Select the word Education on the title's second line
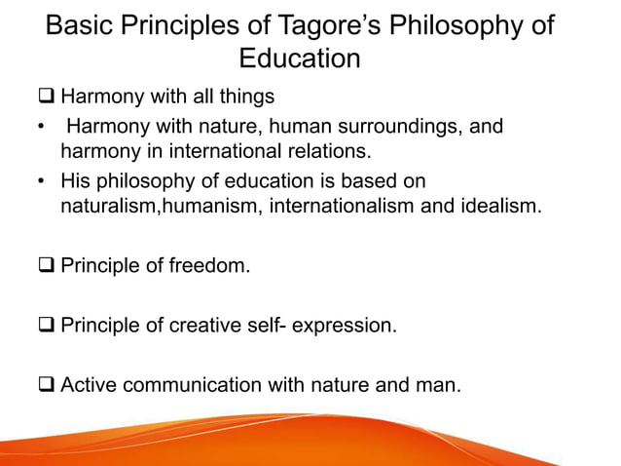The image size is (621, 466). tap(300, 58)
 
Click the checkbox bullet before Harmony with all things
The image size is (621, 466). tap(48, 97)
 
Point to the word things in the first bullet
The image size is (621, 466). tap(245, 97)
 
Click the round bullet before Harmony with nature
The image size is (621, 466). tap(41, 127)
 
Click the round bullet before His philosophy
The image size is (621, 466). tap(41, 181)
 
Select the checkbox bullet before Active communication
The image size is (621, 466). tap(48, 386)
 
